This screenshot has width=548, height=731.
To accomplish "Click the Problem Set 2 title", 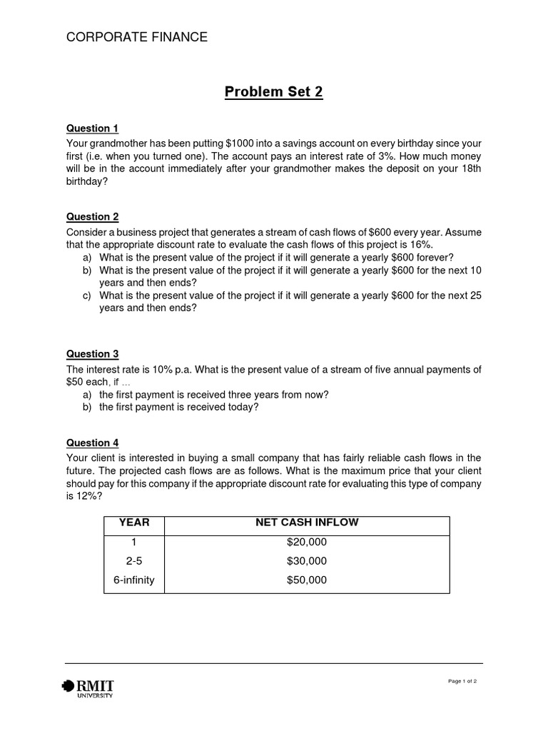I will [x=274, y=92].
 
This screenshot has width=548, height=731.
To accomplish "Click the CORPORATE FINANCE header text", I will [x=137, y=37].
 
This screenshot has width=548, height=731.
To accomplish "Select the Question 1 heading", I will [x=93, y=128].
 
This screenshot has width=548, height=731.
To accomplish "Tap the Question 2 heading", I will [x=93, y=217].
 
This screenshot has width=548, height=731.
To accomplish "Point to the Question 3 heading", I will [x=93, y=354].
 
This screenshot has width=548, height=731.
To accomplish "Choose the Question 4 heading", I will [x=93, y=443].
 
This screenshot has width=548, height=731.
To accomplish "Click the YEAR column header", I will [x=133, y=523].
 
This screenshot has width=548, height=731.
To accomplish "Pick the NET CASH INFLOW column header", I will [x=307, y=523].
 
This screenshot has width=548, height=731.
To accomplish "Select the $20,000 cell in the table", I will [x=307, y=542].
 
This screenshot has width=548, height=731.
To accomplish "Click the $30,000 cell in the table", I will [x=307, y=561].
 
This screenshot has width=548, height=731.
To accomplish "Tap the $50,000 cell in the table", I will [x=307, y=580].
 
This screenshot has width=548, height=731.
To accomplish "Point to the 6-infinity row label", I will [x=133, y=580].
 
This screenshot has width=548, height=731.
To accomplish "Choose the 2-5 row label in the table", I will [x=133, y=561].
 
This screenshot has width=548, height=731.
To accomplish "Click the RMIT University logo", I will [x=89, y=687].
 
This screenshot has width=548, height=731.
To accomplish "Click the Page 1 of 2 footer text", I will [x=462, y=681].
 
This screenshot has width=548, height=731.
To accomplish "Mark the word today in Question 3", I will [x=241, y=408].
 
